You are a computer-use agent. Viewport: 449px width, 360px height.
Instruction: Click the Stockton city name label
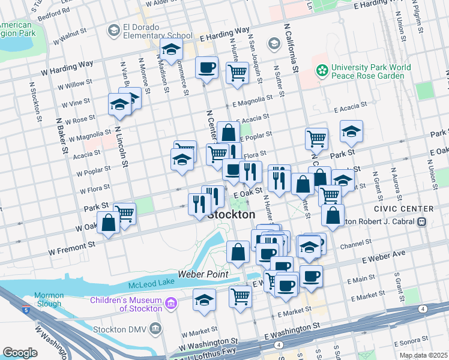pos(231,215)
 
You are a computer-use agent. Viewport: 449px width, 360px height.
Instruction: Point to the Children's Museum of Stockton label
pos(126,304)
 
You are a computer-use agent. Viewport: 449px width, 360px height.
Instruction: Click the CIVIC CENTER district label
pos(403,209)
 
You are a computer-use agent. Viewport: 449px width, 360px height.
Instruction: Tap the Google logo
pos(20,353)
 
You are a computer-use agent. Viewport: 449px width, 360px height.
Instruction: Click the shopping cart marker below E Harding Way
pos(237,73)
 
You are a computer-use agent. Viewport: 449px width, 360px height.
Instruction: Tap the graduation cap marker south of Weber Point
pos(204,299)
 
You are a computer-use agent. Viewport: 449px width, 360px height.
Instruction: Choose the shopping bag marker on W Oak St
pos(109,223)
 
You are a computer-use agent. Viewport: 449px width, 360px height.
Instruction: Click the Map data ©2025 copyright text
pos(423,355)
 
